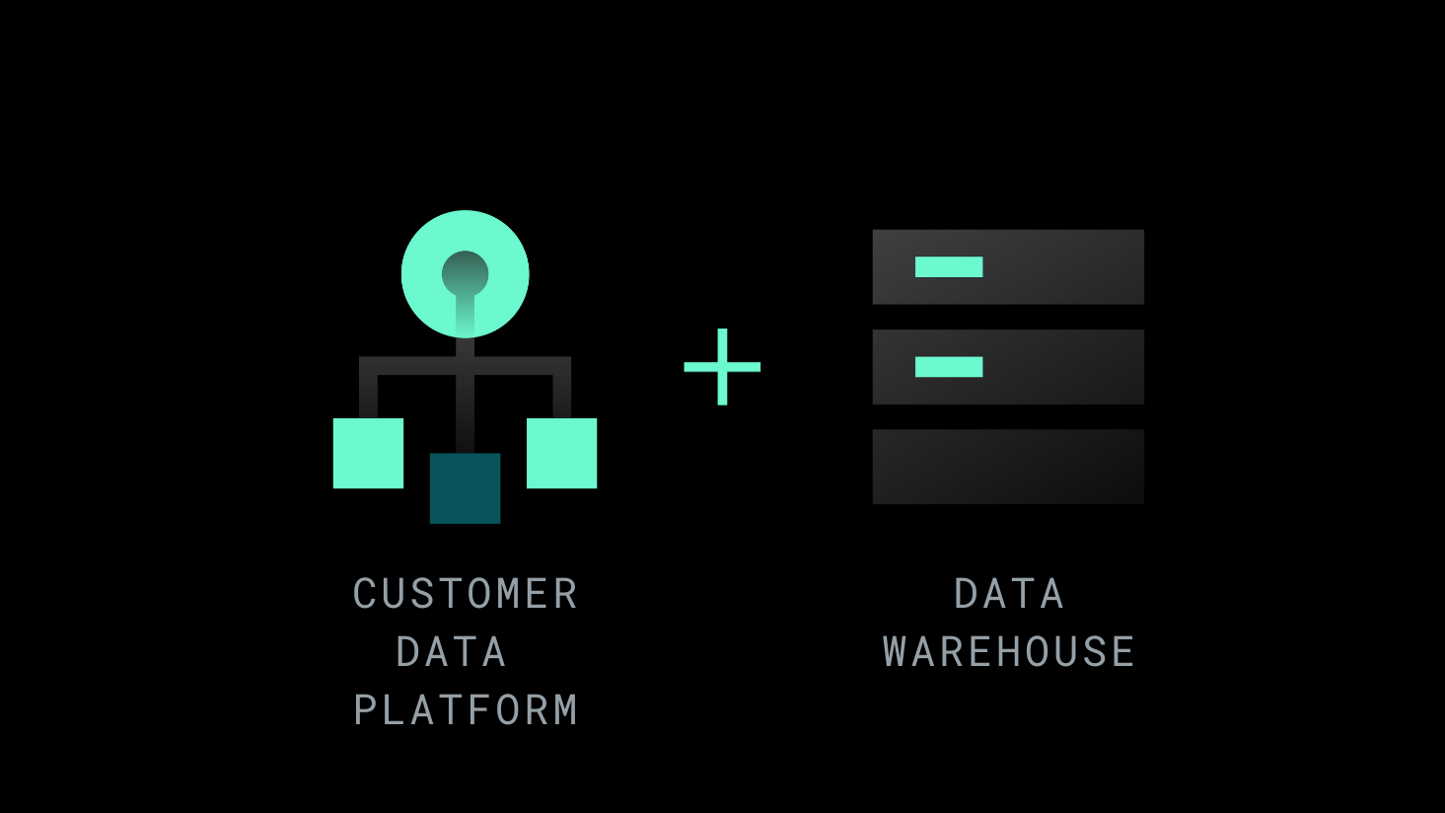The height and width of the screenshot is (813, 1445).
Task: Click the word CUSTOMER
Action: click(x=466, y=594)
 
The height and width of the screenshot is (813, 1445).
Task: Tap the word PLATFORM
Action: click(x=466, y=710)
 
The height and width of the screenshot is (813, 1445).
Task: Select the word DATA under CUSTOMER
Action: click(x=452, y=652)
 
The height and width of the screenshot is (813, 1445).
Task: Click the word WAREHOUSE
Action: click(x=1009, y=652)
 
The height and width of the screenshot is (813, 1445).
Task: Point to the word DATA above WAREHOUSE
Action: click(x=1009, y=594)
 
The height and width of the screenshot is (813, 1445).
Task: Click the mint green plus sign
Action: click(x=722, y=367)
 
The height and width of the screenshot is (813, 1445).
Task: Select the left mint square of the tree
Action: click(x=368, y=453)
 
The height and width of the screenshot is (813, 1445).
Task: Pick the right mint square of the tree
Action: click(x=561, y=453)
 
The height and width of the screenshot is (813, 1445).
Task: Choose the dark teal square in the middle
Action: click(x=465, y=488)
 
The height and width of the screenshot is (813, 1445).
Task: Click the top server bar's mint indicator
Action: click(x=949, y=266)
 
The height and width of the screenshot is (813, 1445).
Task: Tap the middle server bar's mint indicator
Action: click(x=949, y=367)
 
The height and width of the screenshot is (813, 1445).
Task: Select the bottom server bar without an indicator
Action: click(x=1008, y=467)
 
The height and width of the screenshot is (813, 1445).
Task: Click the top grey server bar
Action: click(x=1065, y=266)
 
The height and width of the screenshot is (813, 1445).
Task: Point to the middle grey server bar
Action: click(x=1065, y=367)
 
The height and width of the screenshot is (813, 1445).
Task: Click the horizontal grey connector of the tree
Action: click(x=414, y=366)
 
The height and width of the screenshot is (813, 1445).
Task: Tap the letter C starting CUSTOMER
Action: click(x=365, y=594)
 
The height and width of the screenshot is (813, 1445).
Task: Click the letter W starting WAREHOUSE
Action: click(x=896, y=652)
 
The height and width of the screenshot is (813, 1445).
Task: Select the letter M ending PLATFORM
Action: click(x=565, y=710)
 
